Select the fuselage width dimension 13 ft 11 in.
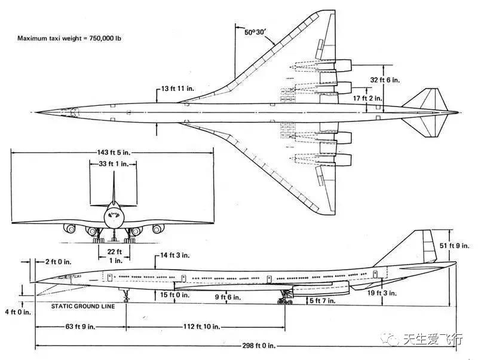[x=177, y=89]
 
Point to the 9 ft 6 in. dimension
[x=228, y=297]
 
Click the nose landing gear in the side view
[x=126, y=294]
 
